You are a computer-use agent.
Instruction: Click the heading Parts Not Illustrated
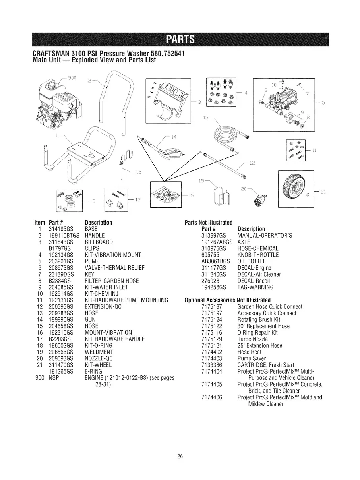(x=209, y=222)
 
